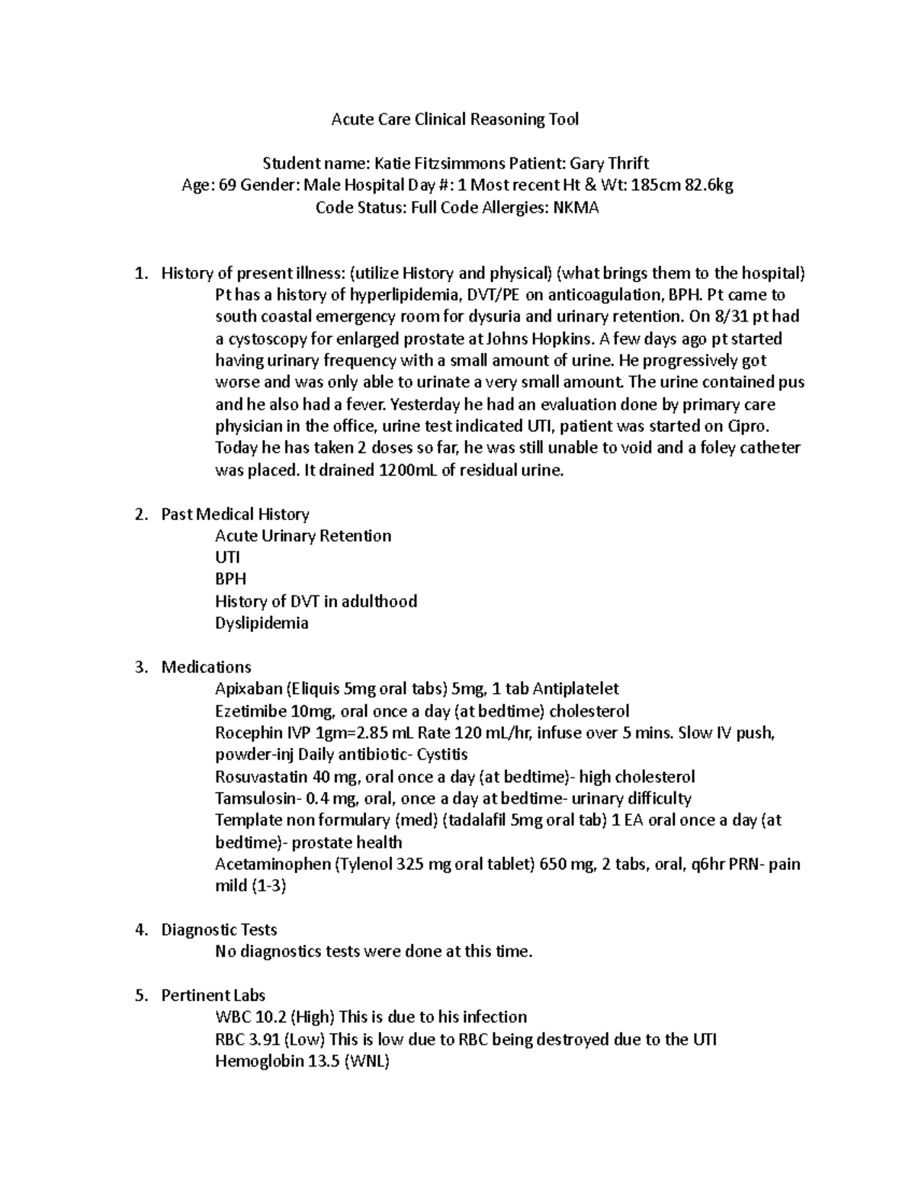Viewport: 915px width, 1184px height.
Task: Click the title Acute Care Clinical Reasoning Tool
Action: pos(454,119)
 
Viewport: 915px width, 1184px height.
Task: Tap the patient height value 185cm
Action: pos(653,185)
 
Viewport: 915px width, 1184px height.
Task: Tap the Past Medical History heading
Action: pos(235,514)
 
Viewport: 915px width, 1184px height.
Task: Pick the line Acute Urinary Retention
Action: pos(303,535)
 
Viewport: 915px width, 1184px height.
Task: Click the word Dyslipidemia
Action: pos(262,623)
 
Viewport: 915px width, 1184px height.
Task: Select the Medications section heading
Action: pos(206,667)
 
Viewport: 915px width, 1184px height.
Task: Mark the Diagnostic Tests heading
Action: pos(219,929)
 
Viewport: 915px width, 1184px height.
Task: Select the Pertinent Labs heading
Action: pos(213,995)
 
